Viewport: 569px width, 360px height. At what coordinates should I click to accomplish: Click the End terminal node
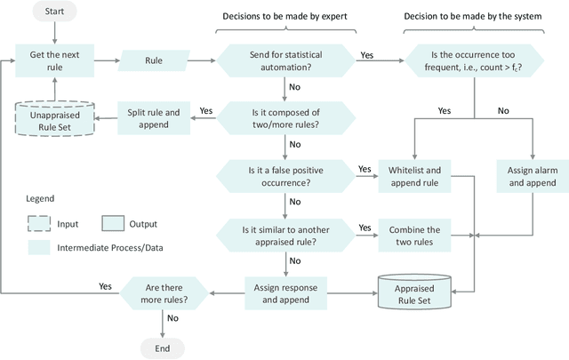(161, 348)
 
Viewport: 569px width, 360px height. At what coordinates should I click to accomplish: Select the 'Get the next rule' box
(54, 60)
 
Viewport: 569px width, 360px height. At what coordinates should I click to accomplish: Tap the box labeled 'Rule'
(160, 60)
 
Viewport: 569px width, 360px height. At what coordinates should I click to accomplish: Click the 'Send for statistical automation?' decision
(286, 60)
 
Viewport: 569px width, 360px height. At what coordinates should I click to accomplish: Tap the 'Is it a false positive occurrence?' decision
(286, 174)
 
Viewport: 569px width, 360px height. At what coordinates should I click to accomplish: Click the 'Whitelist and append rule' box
(414, 174)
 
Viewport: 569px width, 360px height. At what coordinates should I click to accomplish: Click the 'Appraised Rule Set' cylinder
(414, 292)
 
